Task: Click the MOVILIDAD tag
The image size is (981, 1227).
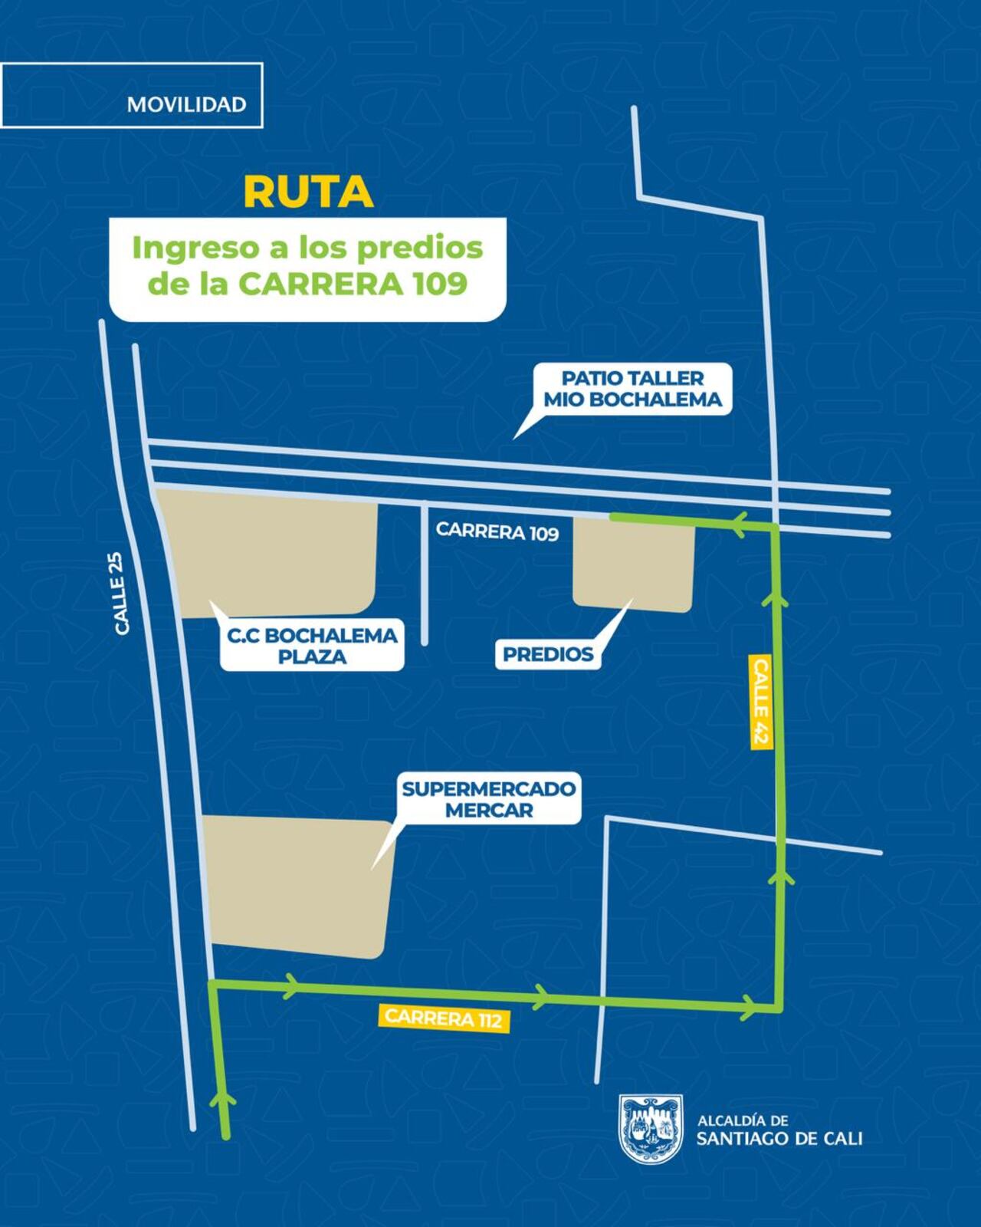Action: coord(186,104)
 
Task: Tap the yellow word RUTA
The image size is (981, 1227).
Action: coord(308,192)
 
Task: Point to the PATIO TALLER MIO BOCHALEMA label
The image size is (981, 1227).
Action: coord(632,389)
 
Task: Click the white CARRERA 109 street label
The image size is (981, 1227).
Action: coord(497,531)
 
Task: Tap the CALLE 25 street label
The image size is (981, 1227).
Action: coord(122,604)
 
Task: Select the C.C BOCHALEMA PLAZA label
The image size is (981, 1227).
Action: coord(312,646)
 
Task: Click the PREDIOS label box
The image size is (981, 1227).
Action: coord(547,654)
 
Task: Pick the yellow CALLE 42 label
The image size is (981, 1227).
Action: coord(760,702)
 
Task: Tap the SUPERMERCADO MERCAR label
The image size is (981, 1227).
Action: coord(488,799)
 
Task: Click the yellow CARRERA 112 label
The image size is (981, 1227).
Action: coord(444,1018)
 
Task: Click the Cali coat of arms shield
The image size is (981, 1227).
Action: coord(650,1128)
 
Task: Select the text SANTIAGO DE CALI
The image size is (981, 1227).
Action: coord(779,1139)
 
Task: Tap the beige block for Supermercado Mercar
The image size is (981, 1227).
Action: coord(297,886)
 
